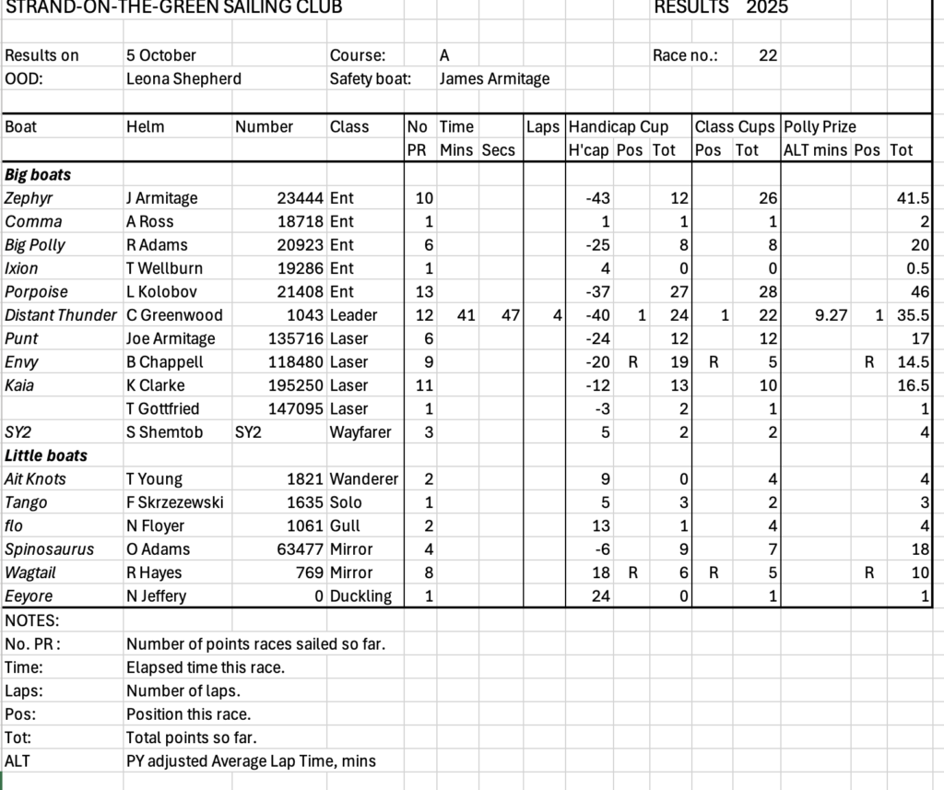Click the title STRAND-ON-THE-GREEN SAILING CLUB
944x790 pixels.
tap(173, 8)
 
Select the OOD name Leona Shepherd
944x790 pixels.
tap(183, 78)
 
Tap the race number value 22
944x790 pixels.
tap(768, 55)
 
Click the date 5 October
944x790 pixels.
tap(161, 55)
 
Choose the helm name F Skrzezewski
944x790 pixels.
tap(174, 502)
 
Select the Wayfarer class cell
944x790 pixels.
tap(360, 432)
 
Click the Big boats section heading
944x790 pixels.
tap(38, 174)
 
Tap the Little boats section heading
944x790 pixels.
tap(46, 455)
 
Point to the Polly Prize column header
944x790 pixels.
tap(820, 126)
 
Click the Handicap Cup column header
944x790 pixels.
tap(618, 126)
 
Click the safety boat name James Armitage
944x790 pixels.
tap(494, 78)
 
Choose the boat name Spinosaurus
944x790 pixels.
tap(49, 549)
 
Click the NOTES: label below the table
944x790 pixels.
tap(31, 620)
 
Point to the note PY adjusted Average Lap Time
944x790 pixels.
tap(251, 761)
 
